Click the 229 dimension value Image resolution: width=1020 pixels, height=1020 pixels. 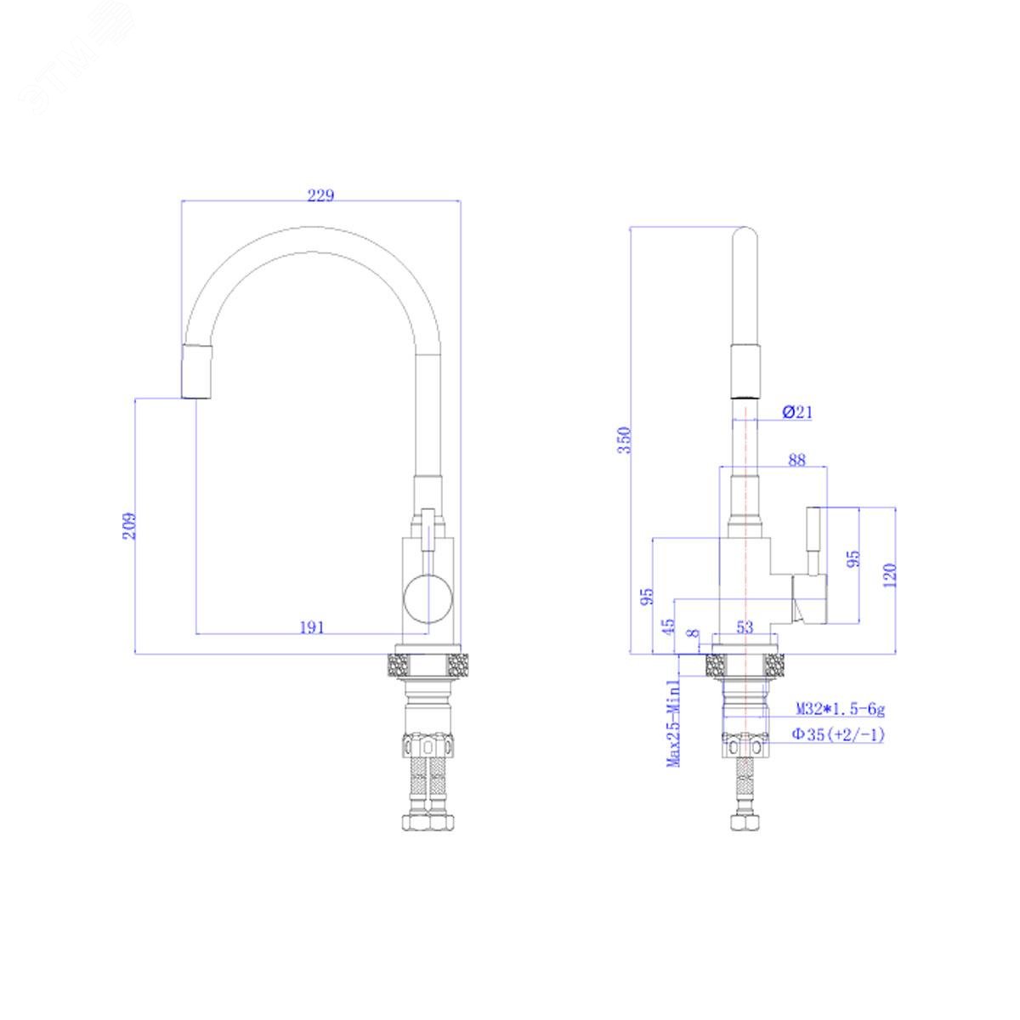pos(320,195)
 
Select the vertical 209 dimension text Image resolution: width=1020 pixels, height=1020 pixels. pos(129,525)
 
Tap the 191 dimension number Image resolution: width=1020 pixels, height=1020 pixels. pos(312,627)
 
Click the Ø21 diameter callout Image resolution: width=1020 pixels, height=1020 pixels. pos(796,411)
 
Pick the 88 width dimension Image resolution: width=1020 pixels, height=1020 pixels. pos(796,460)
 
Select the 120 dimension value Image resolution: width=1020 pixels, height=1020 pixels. pos(890,575)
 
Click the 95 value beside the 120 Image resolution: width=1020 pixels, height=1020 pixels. pos(853,558)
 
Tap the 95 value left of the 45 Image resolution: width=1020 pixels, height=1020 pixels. pos(647,596)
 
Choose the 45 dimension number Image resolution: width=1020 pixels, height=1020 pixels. pos(669,626)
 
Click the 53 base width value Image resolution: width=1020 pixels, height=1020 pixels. pos(745,627)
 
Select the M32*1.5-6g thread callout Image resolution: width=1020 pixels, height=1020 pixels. pos(841,708)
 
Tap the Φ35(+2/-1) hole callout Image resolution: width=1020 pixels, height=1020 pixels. pos(838,734)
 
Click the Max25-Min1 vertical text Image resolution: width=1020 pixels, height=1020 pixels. pos(674,723)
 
